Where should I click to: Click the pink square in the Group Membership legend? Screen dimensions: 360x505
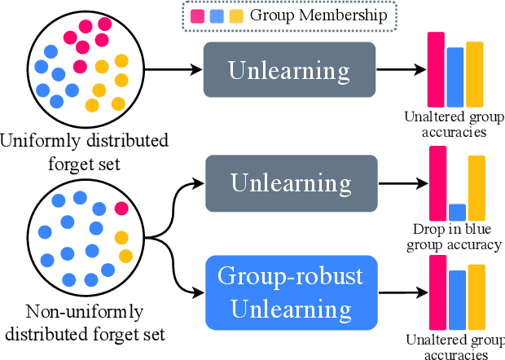click(197, 15)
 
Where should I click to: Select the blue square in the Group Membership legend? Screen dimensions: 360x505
click(217, 15)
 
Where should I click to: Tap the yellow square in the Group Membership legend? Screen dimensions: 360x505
click(236, 15)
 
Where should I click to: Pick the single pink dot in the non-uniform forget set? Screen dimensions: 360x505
click(121, 209)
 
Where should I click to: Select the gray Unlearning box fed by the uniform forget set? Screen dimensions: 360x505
click(289, 70)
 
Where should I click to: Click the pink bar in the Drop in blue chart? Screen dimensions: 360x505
click(437, 183)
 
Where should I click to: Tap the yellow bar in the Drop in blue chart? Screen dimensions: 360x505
click(476, 188)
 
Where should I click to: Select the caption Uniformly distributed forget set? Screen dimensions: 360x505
click(84, 153)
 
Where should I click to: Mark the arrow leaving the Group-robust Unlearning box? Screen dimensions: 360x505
click(399, 292)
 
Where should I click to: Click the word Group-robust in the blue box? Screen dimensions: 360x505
click(290, 276)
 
